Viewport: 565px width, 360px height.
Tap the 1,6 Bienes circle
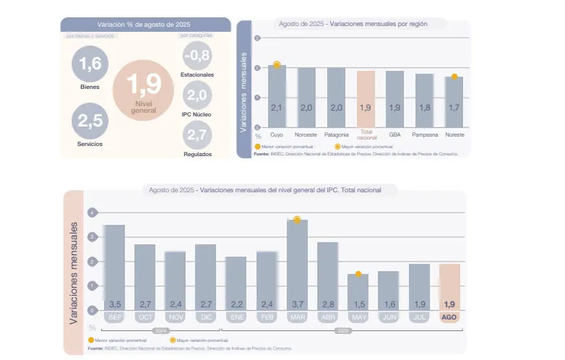click(90, 64)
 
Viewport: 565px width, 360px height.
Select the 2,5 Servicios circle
click(90, 120)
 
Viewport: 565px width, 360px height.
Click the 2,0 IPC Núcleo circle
click(197, 95)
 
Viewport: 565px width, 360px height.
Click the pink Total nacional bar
click(366, 99)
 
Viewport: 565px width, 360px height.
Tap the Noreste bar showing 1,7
click(454, 102)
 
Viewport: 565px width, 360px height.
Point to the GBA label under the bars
click(395, 135)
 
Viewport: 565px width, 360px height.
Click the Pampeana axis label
click(425, 135)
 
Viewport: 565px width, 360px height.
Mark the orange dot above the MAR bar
click(297, 219)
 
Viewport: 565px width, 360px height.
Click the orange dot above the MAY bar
click(358, 274)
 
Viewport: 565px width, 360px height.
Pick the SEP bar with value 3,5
click(115, 268)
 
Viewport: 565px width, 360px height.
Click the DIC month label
click(206, 318)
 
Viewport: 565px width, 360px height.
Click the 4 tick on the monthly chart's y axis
click(92, 213)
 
